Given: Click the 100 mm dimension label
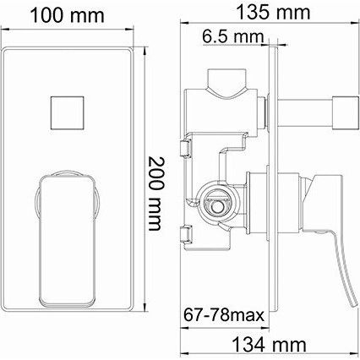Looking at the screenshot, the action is [67, 16].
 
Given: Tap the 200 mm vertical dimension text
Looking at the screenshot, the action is [155, 194].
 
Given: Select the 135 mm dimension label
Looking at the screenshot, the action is [273, 13].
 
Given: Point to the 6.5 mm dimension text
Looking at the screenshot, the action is [233, 36].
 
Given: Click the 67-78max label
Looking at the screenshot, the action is [224, 314].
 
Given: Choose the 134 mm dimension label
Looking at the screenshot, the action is [269, 344].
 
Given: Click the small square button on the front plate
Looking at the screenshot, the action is [67, 113].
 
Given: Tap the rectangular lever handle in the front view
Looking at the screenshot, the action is [67, 240].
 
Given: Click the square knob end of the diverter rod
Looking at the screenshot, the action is [346, 112].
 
